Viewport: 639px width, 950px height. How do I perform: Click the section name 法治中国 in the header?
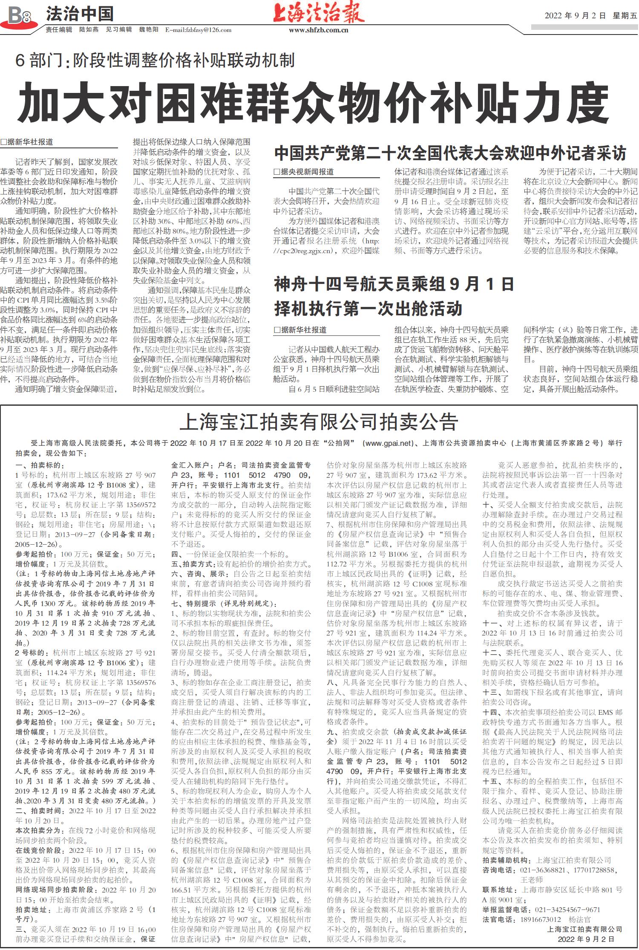[80, 14]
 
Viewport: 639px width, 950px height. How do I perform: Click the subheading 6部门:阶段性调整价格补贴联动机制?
[155, 61]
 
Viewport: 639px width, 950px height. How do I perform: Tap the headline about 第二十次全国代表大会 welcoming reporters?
[450, 153]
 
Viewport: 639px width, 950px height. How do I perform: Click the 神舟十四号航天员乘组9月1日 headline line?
[394, 284]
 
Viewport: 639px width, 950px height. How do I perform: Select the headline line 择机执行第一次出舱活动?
[368, 309]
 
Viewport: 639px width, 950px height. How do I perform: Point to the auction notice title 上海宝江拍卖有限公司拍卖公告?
[319, 422]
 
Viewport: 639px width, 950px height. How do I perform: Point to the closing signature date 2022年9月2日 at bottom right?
[586, 939]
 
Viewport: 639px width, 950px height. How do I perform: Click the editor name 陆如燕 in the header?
[89, 30]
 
